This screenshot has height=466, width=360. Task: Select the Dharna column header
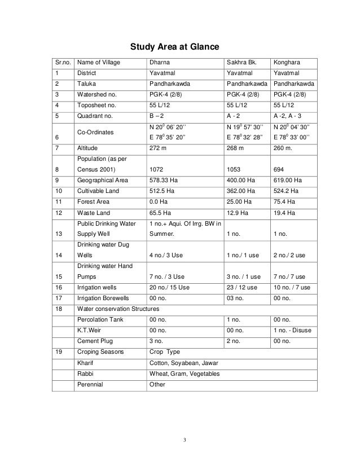[x=159, y=63]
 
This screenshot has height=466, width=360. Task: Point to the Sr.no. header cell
[x=60, y=63]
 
